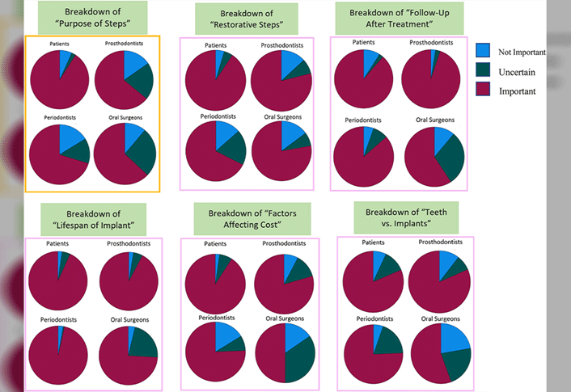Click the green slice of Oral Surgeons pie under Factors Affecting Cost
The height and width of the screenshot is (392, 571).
pos(300,360)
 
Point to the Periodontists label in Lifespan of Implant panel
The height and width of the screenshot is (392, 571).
pos(61,321)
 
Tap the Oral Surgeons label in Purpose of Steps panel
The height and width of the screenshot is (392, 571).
pos(125,117)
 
